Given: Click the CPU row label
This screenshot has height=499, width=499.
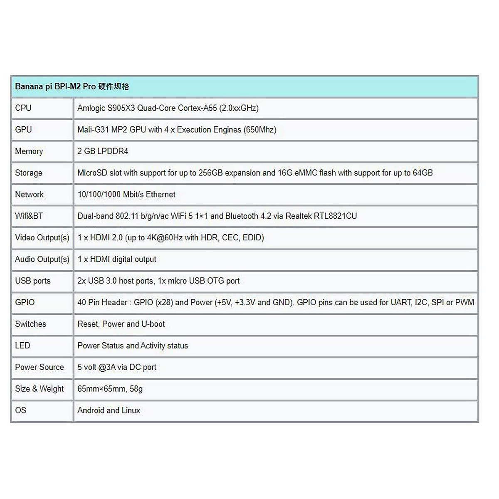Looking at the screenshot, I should click(x=23, y=108).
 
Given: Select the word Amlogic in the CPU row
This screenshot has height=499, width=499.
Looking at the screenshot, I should click(x=91, y=108).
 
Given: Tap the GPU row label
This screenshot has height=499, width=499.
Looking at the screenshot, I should click(x=23, y=130).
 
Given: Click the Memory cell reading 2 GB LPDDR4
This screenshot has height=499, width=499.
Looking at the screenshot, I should click(x=103, y=151).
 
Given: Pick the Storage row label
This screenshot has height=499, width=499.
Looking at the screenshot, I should click(x=29, y=173).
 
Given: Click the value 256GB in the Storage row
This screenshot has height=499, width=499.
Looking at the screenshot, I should click(x=211, y=173).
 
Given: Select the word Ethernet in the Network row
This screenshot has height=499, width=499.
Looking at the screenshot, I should click(x=161, y=195).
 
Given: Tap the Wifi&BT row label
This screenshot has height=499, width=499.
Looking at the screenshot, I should click(x=29, y=216).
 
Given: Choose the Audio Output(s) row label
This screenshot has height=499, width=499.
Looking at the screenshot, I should click(x=42, y=259).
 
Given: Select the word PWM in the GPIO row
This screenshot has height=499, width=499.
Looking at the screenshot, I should click(x=464, y=303).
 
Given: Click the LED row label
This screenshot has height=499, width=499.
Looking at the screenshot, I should click(x=22, y=346).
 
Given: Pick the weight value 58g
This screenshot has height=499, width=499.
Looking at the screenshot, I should click(x=136, y=389).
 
